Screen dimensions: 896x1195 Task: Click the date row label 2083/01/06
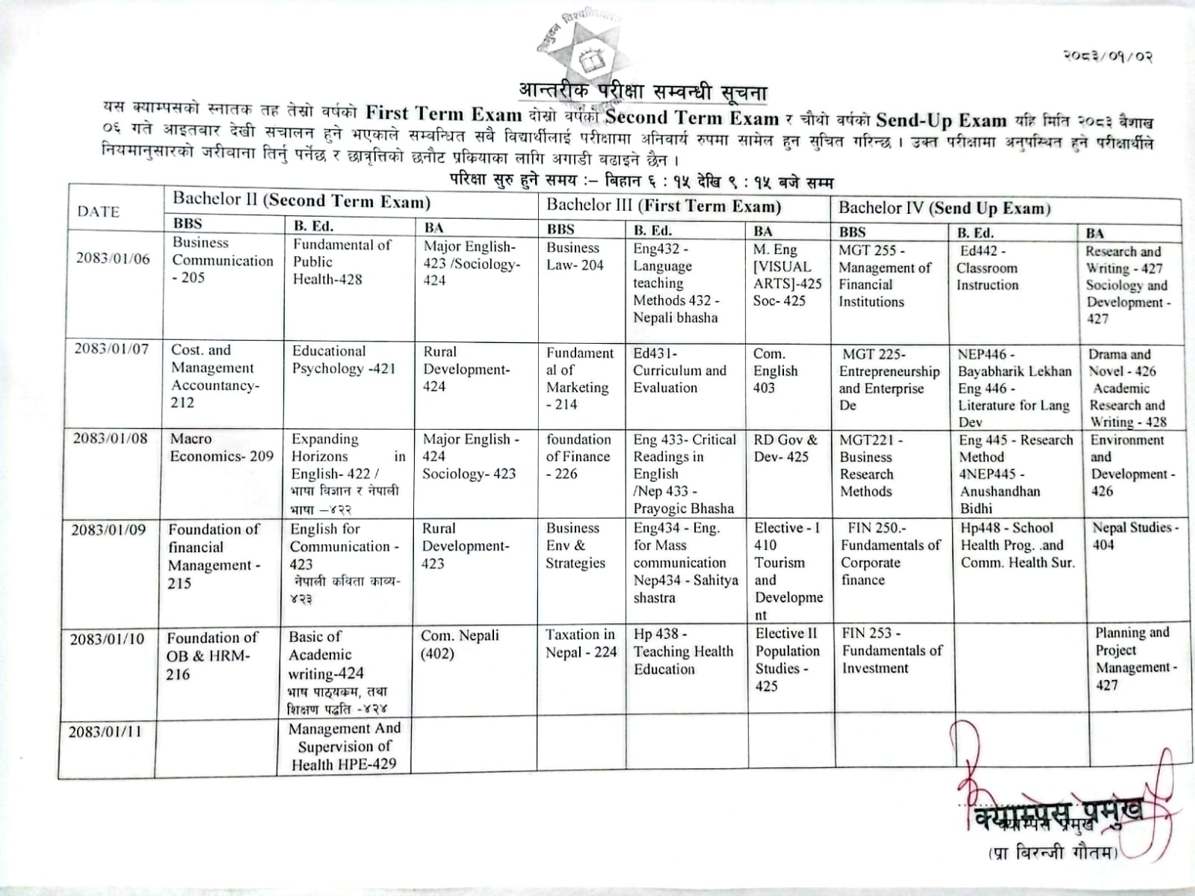pos(113,259)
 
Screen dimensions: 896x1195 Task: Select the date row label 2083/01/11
pos(105,732)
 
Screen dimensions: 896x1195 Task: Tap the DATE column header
pos(98,211)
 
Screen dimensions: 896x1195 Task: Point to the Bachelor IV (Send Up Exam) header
pos(944,208)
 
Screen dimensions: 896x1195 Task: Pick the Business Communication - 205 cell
pos(222,260)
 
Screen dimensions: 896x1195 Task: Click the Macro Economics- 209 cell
pos(221,448)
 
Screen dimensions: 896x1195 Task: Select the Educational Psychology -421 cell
pos(344,359)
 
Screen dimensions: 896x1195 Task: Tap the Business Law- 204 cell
pos(574,256)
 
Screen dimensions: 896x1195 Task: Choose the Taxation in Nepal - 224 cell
pos(581,643)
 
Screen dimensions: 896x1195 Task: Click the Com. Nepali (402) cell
pos(459,644)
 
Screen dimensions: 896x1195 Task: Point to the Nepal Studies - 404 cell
pos(1134,536)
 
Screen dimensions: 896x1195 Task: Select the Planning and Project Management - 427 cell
pos(1135,658)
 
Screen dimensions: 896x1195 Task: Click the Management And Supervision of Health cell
pos(345,746)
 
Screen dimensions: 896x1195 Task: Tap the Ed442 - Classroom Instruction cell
pos(987,268)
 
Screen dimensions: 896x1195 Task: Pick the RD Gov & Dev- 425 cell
pos(785,448)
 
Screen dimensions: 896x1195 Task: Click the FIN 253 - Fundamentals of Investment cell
pos(892,650)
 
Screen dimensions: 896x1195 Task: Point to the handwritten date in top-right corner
pos(1108,56)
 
